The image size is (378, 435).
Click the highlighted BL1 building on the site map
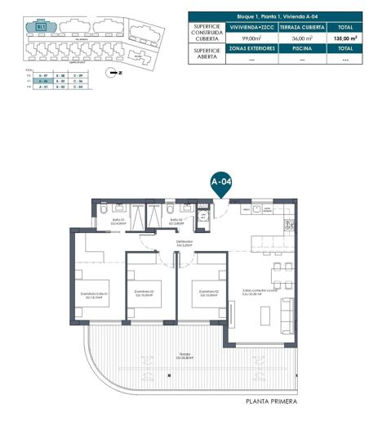pos(42,27)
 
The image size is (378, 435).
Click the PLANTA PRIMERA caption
pos(271,402)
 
